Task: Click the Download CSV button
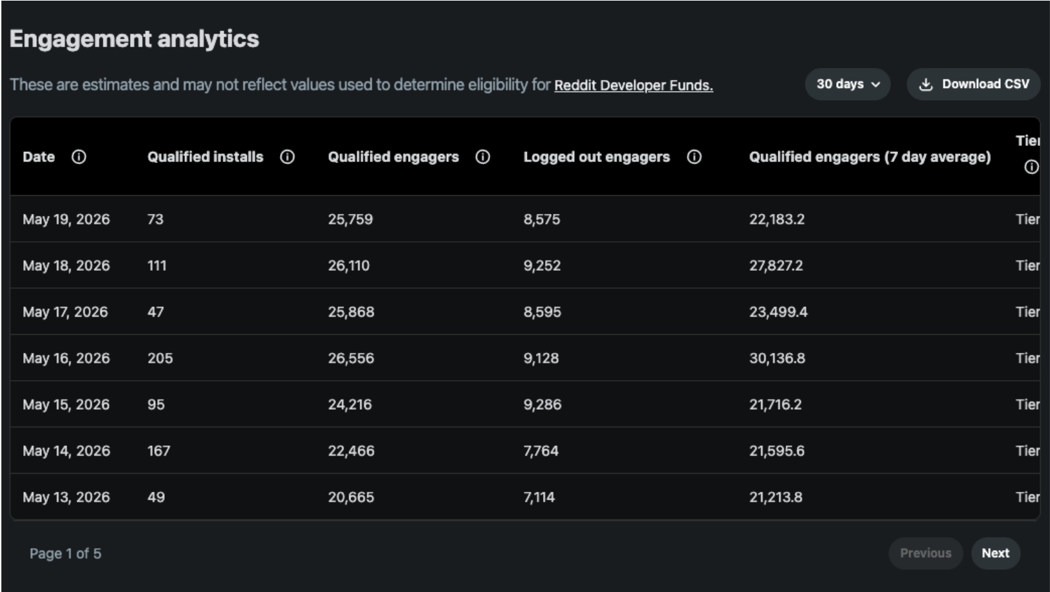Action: pyautogui.click(x=974, y=85)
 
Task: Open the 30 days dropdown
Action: pyautogui.click(x=848, y=85)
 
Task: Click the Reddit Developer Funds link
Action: pyautogui.click(x=634, y=85)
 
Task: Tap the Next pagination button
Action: pyautogui.click(x=996, y=553)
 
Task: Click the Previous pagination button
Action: pyautogui.click(x=926, y=553)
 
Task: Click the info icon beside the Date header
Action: pyautogui.click(x=79, y=157)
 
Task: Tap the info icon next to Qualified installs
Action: pyautogui.click(x=287, y=157)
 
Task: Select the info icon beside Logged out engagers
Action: pyautogui.click(x=694, y=157)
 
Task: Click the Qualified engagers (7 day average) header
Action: pyautogui.click(x=870, y=157)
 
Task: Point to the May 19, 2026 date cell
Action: pyautogui.click(x=66, y=219)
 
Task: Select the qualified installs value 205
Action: pyautogui.click(x=160, y=359)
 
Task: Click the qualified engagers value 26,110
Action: pyautogui.click(x=348, y=266)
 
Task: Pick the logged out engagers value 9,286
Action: pyautogui.click(x=542, y=405)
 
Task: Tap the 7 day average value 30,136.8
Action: pyautogui.click(x=777, y=359)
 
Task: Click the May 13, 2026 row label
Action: pyautogui.click(x=66, y=497)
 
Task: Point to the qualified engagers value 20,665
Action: pyautogui.click(x=351, y=497)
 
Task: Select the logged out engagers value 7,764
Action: pyautogui.click(x=541, y=451)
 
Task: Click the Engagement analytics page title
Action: pyautogui.click(x=134, y=39)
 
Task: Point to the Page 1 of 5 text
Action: pyautogui.click(x=65, y=554)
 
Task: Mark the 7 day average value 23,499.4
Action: pyautogui.click(x=778, y=312)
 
